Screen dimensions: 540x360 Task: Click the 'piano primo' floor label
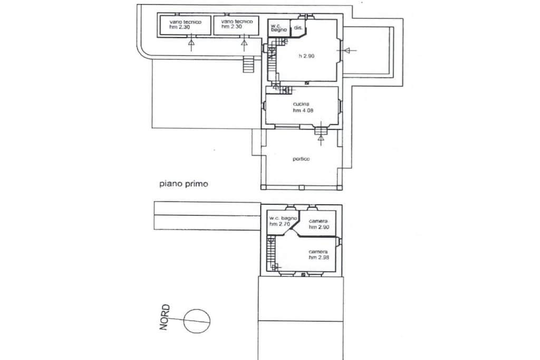184,184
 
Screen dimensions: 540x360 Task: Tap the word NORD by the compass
165,317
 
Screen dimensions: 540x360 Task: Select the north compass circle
197,321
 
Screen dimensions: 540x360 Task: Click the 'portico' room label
301,159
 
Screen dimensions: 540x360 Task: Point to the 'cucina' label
301,104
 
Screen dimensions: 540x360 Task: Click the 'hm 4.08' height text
303,111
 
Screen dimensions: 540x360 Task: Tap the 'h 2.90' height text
306,56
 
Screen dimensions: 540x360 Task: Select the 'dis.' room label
298,27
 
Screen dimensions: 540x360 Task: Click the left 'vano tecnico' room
185,26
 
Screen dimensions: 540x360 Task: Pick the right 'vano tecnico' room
237,25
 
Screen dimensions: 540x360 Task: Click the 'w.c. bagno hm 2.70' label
283,221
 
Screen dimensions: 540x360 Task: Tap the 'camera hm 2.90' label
319,224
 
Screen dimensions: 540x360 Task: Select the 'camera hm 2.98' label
319,255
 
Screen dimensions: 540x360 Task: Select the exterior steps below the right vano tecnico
248,64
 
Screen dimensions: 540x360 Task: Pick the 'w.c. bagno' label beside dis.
279,27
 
